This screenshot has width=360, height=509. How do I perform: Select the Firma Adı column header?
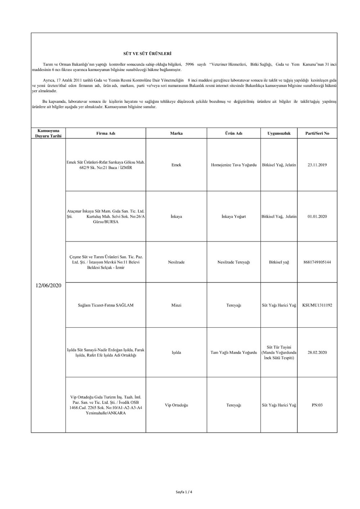point(106,133)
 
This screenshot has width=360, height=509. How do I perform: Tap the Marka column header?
point(176,133)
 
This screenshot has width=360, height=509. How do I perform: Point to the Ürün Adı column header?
point(234,133)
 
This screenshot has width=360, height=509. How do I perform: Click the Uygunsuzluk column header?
point(279,133)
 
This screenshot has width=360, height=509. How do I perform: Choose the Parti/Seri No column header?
point(317,133)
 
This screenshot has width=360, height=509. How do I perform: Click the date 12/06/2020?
point(49,286)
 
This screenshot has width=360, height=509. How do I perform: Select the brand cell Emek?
point(176,165)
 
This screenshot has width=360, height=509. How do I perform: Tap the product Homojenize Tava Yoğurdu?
point(234,165)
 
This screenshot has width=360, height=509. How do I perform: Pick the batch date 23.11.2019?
point(317,165)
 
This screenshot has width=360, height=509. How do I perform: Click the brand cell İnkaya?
point(176,217)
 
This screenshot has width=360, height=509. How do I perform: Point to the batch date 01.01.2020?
point(317,217)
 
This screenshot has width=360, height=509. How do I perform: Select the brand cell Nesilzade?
point(176,262)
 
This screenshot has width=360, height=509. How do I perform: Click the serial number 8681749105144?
point(317,262)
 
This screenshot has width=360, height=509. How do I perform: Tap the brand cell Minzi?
point(176,305)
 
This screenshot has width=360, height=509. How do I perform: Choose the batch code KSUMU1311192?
point(317,305)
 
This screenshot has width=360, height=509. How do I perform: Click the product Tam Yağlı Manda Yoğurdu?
point(234,353)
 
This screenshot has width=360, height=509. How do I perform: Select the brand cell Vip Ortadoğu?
point(176,405)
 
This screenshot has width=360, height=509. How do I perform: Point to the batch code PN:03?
point(317,405)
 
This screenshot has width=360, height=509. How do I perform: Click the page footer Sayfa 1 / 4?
point(182,492)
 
